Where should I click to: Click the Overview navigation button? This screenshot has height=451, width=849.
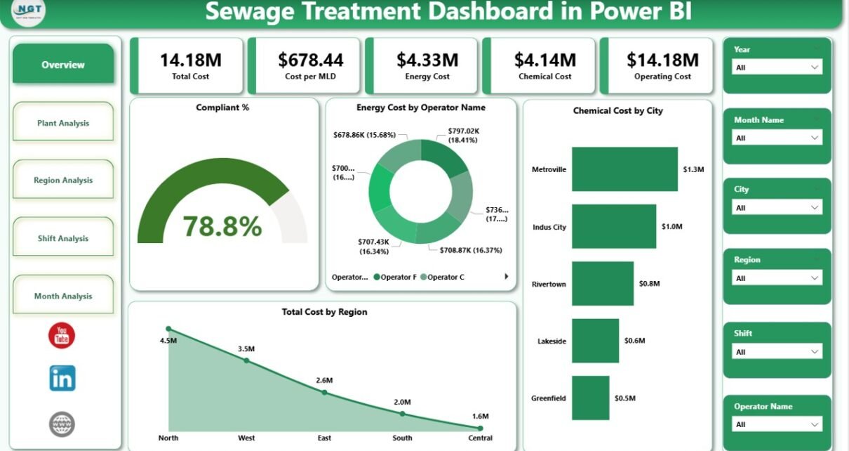coord(63,65)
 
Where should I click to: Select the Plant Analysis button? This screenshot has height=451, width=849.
coord(63,123)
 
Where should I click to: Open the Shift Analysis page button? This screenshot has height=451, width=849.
coord(63,238)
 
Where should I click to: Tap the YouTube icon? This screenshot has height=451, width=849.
coord(62,336)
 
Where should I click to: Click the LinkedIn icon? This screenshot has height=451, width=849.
coord(62,379)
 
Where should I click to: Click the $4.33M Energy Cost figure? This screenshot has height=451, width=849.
coord(427,60)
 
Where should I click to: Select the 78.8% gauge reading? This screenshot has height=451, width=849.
coord(222,226)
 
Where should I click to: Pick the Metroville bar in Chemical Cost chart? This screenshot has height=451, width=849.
coord(624,169)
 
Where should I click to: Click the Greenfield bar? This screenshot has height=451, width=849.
coord(591,398)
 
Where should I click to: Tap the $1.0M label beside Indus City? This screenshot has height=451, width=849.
coord(671,227)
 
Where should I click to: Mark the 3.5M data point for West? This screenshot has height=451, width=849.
coord(246,360)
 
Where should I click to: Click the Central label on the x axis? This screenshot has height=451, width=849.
coord(480,438)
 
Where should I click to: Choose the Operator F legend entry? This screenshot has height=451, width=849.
coord(396,277)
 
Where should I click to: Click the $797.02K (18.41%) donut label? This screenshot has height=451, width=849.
coord(462,135)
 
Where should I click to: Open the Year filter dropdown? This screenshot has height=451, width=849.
coord(776,67)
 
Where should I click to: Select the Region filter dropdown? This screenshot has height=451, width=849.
coord(776,278)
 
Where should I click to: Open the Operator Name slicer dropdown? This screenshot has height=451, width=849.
coord(776,424)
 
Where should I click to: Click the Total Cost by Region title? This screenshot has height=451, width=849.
coord(324,312)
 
